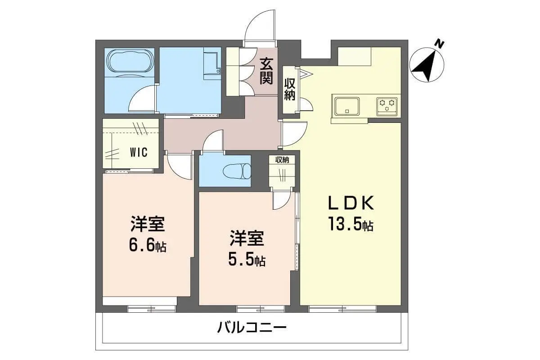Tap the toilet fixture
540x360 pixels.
point(237,171)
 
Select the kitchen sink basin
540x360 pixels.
point(347,106)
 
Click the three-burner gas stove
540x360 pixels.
point(387,106)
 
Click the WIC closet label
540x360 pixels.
point(139,152)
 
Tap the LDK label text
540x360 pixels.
point(351,203)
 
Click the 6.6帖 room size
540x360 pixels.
point(148,246)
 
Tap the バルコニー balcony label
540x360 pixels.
point(252,328)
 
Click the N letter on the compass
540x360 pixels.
point(440,45)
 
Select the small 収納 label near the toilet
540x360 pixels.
point(282,160)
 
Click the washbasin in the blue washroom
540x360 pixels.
point(212,63)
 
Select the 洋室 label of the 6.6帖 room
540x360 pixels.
point(148,224)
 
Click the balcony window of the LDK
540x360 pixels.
point(342,309)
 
